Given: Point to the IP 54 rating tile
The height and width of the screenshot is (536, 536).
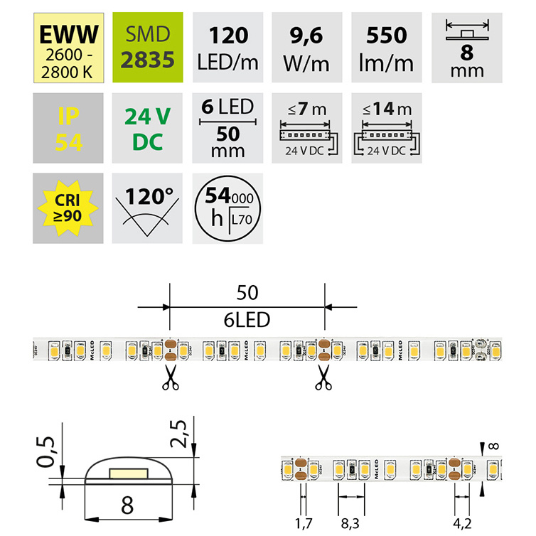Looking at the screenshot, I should tap(69, 127).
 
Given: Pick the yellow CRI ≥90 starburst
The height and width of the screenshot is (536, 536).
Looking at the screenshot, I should tap(69, 207).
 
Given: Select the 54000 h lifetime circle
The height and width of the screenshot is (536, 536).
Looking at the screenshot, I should tap(228, 207).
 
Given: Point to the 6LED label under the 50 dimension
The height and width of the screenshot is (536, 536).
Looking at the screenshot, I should tap(247, 320).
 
